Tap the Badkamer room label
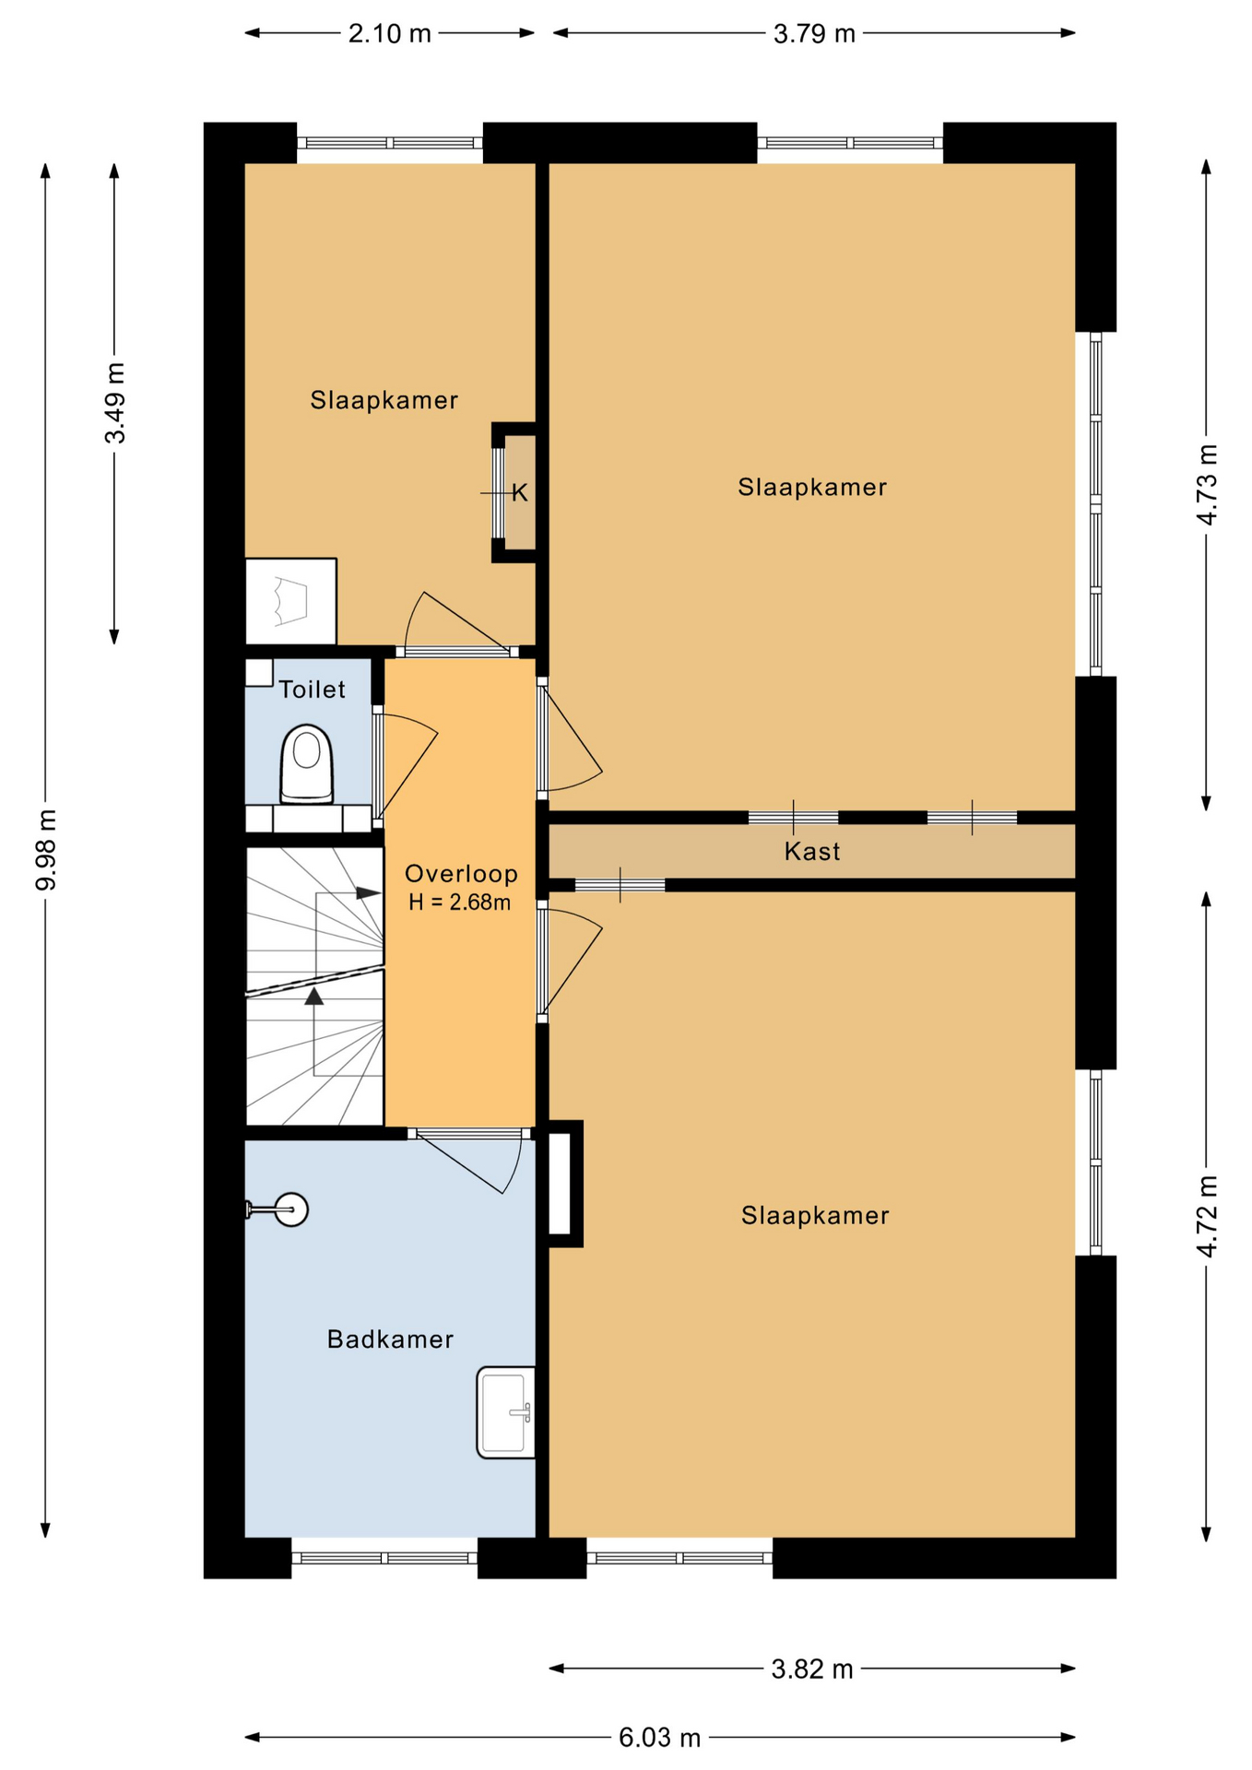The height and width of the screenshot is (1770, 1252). [390, 1339]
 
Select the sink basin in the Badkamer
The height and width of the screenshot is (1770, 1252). [506, 1412]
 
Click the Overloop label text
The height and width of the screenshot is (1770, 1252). [461, 874]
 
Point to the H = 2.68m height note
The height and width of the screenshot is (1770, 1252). [459, 903]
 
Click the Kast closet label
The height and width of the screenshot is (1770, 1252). [812, 851]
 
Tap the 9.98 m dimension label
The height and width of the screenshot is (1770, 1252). [46, 850]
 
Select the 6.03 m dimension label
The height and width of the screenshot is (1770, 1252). [659, 1738]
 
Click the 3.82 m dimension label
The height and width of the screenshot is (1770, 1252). [812, 1669]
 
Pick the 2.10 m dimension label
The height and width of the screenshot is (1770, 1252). [389, 34]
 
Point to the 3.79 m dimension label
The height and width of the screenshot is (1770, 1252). [814, 34]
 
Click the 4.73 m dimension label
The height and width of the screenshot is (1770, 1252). [1207, 484]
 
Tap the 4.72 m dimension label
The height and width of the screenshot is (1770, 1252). [1207, 1216]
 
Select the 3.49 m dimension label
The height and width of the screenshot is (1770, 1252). [115, 403]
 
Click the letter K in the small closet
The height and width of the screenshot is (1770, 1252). [520, 493]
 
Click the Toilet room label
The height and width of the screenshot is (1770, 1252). [313, 690]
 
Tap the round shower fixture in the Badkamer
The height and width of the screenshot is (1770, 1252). [291, 1209]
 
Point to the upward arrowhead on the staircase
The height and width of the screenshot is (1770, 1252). [314, 996]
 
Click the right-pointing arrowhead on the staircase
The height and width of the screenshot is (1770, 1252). [369, 893]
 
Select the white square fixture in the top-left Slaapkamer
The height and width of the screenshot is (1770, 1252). [290, 601]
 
